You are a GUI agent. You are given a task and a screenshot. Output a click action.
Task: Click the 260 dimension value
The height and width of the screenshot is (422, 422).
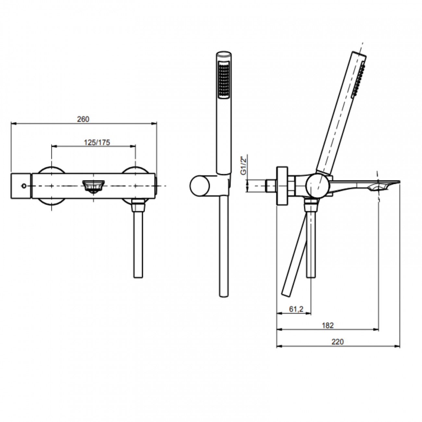83,119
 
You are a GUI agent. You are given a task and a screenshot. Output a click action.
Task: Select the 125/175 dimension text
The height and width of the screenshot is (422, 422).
97,143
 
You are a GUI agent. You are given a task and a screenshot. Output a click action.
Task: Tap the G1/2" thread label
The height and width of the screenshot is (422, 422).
243,166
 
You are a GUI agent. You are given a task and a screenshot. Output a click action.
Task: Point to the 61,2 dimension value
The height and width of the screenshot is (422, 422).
296,309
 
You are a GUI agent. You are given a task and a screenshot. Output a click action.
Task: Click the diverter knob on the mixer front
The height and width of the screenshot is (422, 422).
93,186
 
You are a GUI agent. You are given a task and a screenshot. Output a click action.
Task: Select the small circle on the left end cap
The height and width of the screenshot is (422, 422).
24,186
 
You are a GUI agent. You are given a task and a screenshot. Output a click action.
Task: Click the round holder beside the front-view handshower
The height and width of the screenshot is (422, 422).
200,186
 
